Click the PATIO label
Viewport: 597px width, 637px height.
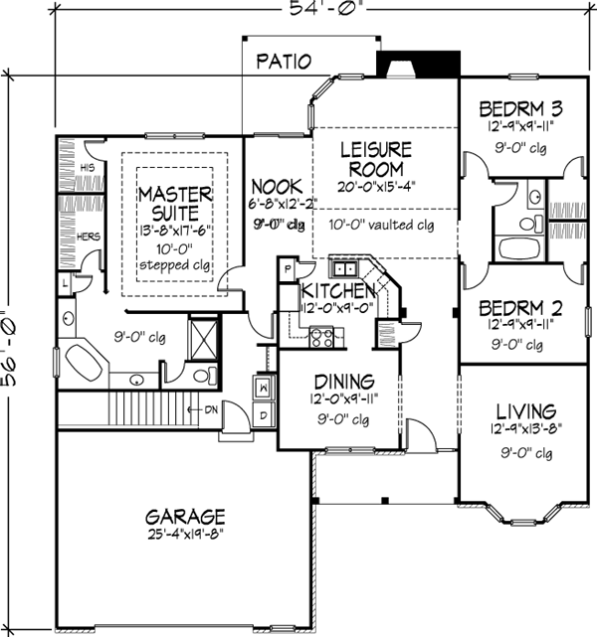[283, 61]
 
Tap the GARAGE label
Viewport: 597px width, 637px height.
[185, 517]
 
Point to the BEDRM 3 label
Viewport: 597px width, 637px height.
[522, 108]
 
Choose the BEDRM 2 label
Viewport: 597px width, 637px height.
[522, 307]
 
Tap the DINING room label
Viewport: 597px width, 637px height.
[344, 381]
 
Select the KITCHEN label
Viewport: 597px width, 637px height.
[337, 290]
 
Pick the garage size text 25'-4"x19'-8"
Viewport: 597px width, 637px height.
[185, 538]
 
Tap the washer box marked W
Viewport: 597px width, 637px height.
[264, 385]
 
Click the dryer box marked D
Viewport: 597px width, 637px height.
[264, 412]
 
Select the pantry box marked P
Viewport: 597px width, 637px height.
[287, 269]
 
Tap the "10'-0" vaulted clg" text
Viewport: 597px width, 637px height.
[385, 225]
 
